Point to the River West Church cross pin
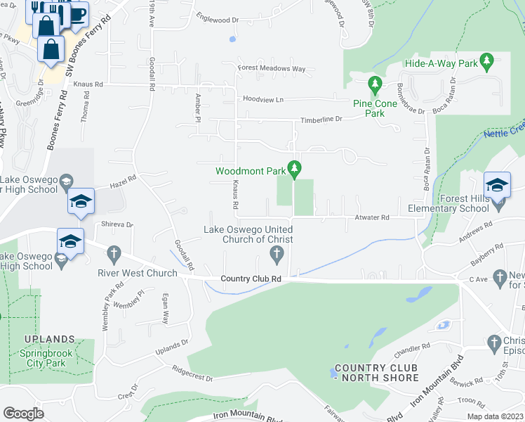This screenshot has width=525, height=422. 115,252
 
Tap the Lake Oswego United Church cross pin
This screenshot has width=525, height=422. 277,252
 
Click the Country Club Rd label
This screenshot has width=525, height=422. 251,279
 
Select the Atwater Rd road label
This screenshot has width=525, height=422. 372,218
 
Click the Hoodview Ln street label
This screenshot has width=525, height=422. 263,100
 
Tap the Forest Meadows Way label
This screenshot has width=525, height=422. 272,69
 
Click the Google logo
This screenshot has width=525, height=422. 23,413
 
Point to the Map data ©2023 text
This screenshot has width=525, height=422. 494,416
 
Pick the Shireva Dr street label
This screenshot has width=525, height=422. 117,224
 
